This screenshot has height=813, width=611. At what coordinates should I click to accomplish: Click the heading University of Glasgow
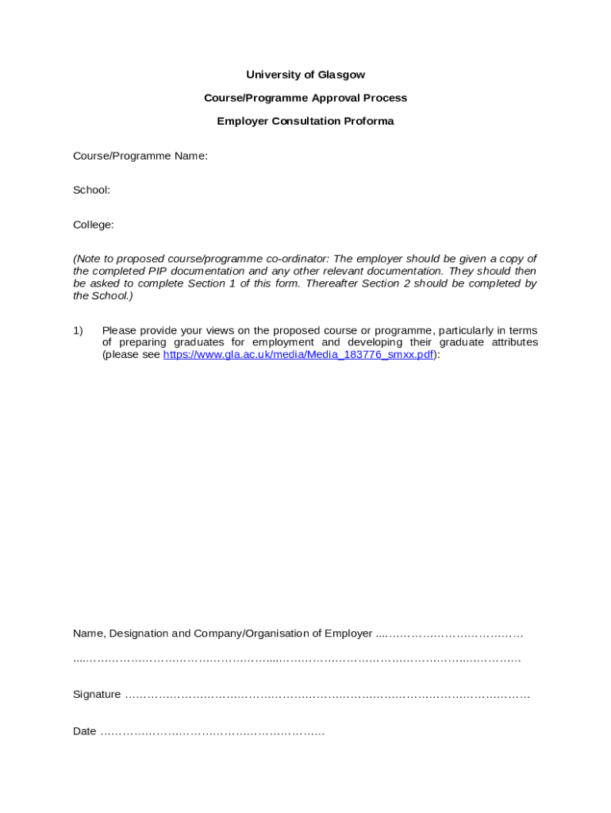coord(305,75)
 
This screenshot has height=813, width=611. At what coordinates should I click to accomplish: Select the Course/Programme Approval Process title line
coord(305,98)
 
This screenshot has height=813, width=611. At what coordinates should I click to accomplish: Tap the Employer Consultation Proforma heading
coord(305,121)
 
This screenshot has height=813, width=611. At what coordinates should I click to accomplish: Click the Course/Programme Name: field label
coord(140,156)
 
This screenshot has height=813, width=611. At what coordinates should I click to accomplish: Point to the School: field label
coord(91,190)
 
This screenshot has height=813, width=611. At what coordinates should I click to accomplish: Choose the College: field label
coord(94,225)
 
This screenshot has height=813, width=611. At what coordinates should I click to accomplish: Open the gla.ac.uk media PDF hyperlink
coord(298,355)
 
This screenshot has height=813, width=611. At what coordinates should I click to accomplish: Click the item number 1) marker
coord(79,330)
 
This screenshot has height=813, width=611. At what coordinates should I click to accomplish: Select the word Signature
coord(97,695)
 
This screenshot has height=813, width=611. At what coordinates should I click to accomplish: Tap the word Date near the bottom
coord(84,731)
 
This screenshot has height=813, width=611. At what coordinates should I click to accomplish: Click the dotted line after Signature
coord(327,695)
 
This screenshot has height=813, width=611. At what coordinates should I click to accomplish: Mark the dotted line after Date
coord(213,732)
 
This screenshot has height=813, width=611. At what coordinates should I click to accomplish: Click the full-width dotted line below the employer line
coord(297,659)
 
